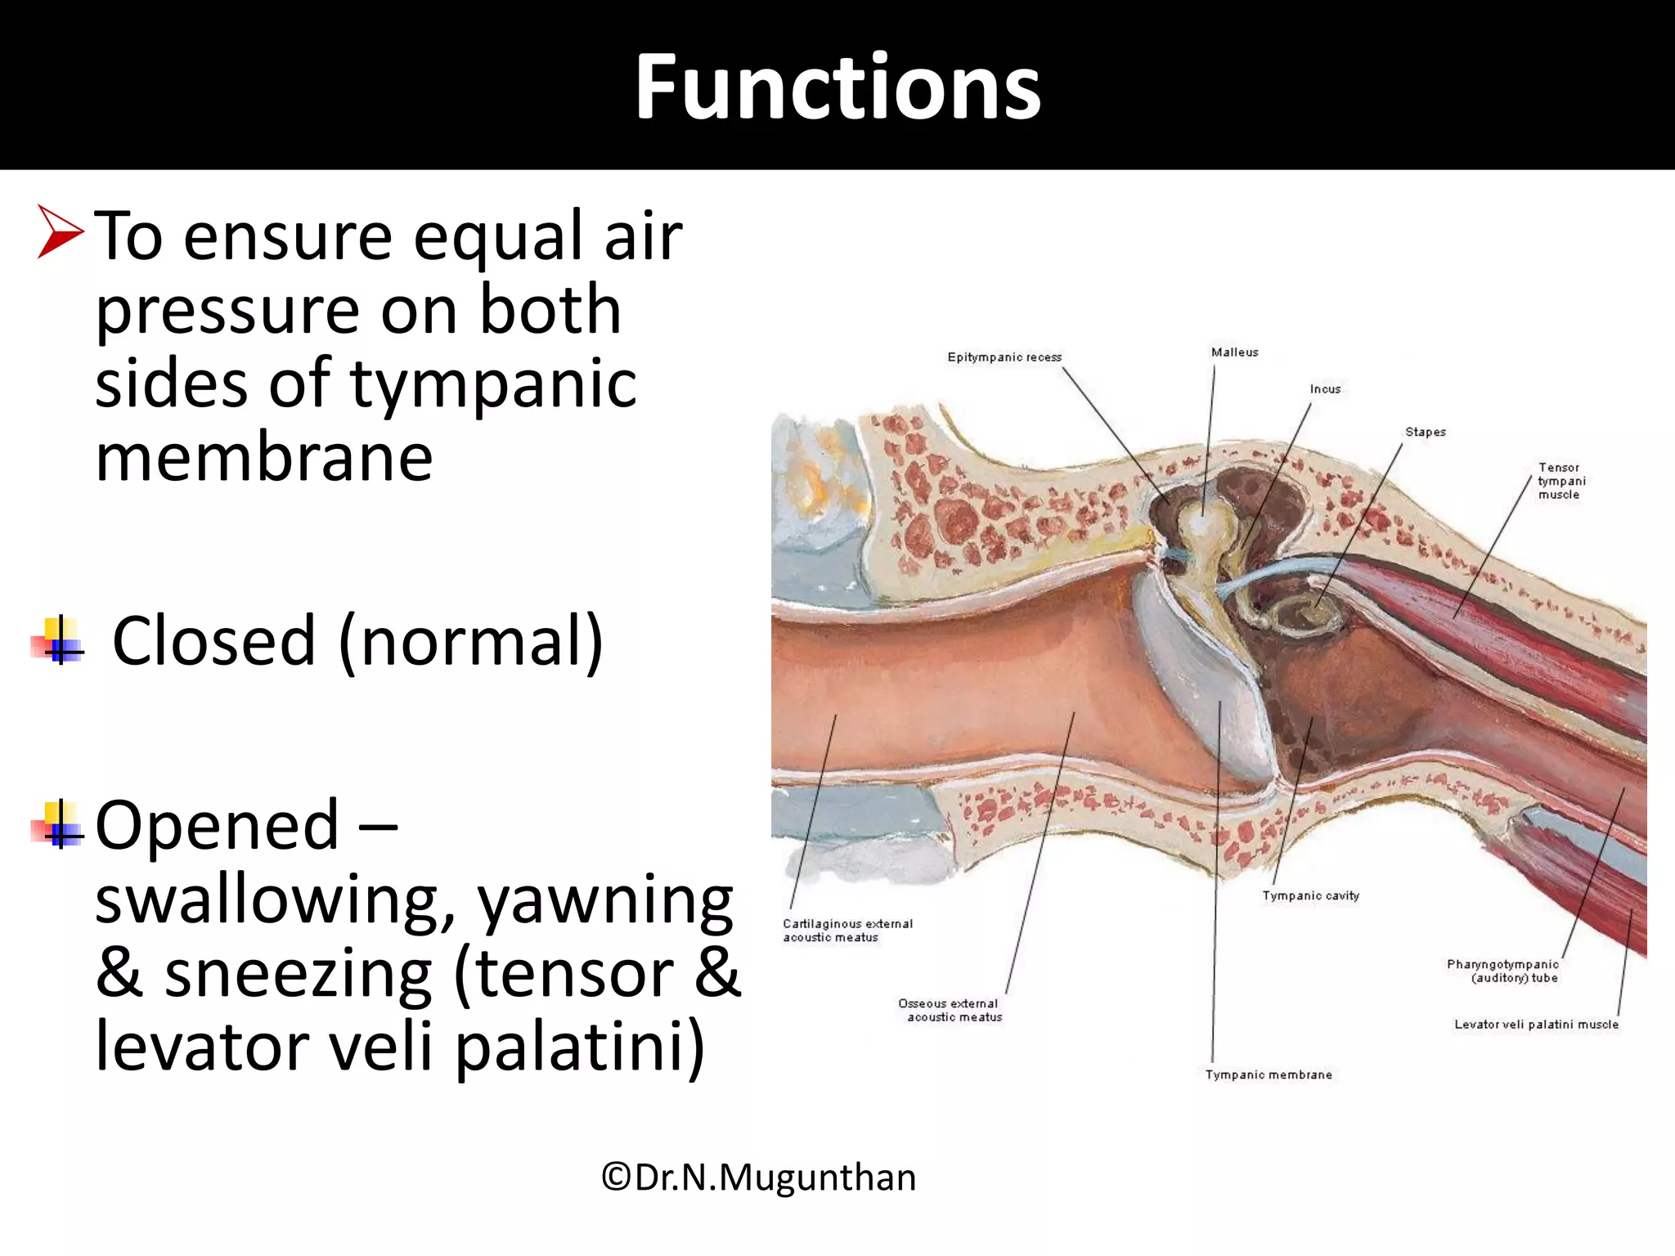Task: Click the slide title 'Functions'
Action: (x=837, y=87)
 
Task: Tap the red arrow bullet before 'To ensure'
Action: (x=61, y=233)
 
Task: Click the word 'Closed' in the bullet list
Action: (x=213, y=641)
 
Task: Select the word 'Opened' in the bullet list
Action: (x=217, y=825)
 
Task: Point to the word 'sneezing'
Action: (x=298, y=974)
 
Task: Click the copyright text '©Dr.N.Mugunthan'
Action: (x=758, y=1177)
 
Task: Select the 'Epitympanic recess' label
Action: (x=1004, y=357)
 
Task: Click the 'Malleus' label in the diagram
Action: (x=1234, y=352)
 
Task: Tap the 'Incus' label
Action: (x=1325, y=389)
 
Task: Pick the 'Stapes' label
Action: (x=1425, y=432)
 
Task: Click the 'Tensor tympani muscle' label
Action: (x=1560, y=481)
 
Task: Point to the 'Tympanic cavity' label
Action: (x=1310, y=895)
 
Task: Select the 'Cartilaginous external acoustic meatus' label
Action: (x=847, y=931)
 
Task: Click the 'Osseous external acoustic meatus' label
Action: (x=950, y=1010)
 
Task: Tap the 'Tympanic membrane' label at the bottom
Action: (x=1269, y=1074)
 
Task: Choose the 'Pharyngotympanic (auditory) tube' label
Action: (x=1503, y=971)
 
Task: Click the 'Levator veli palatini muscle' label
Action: (x=1536, y=1024)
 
